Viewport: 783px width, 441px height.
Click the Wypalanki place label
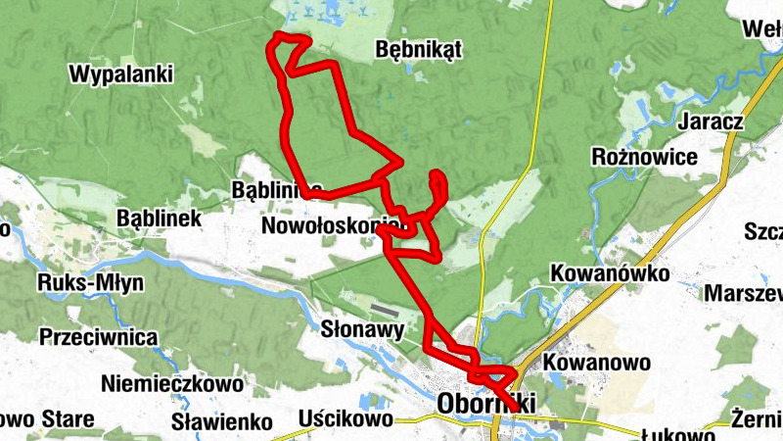pos(121,73)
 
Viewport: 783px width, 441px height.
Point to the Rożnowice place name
pos(645,157)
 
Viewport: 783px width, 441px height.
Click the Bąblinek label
pos(159,218)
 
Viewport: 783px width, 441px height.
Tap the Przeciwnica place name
pos(99,337)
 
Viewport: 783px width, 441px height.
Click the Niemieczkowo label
pos(158,383)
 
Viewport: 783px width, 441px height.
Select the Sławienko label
pos(220,422)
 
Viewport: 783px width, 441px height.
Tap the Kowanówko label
pos(610,272)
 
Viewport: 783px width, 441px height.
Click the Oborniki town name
pos(486,404)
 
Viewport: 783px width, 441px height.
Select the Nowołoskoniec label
pos(333,227)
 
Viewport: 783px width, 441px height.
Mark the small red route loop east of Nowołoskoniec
pos(438,184)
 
